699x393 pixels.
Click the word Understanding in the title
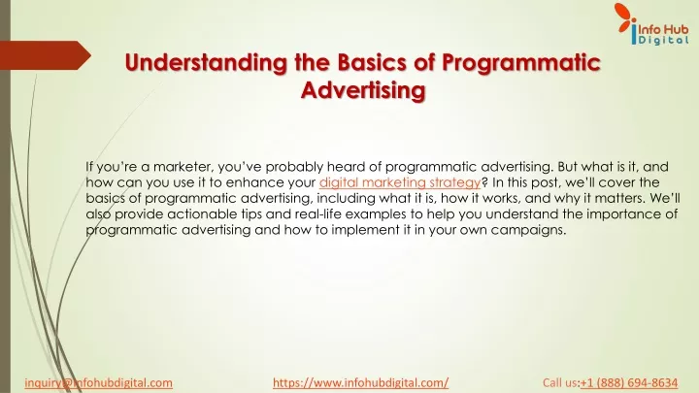[x=206, y=62]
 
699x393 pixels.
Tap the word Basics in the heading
[x=372, y=62]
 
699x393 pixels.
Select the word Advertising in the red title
[x=363, y=90]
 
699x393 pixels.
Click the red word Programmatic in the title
[x=521, y=62]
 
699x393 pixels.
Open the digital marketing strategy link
[x=400, y=182]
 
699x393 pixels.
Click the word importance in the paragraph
[x=625, y=213]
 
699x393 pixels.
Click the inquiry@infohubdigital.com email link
[x=98, y=382]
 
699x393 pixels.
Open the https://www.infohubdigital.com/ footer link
[x=360, y=382]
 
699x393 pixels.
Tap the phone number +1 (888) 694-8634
[x=629, y=382]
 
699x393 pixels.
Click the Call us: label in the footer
[x=561, y=382]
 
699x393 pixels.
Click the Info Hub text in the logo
[x=663, y=29]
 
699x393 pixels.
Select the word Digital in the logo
[x=664, y=40]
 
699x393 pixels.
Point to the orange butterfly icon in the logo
[x=625, y=17]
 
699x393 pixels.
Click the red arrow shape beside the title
[x=45, y=55]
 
